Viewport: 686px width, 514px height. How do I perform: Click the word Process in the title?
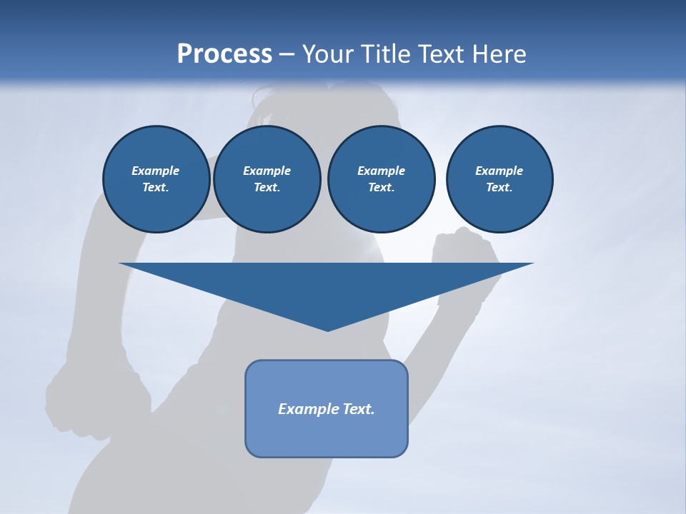coord(224,54)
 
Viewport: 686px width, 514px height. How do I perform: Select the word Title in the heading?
coord(387,54)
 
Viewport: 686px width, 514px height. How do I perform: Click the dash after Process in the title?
coord(287,55)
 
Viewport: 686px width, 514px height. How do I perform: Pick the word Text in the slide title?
coord(443,54)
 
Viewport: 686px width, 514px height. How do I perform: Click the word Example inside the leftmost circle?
coord(156,171)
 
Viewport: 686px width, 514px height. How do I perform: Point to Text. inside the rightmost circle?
coord(499,187)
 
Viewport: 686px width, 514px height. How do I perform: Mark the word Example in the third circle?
coord(381,171)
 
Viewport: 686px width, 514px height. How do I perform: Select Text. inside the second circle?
coord(267,187)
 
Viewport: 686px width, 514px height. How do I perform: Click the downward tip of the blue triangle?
coord(327,328)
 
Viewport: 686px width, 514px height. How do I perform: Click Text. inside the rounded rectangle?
coord(358,409)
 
